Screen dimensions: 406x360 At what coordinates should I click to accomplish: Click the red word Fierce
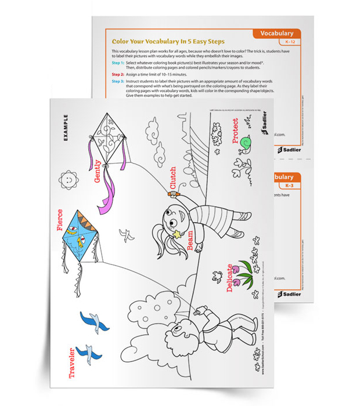tap(60, 219)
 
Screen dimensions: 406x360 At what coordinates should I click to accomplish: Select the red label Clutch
tap(172, 178)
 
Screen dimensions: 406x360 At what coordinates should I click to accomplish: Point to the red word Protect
tap(235, 131)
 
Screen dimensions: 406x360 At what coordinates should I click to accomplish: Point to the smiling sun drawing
tap(68, 180)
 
